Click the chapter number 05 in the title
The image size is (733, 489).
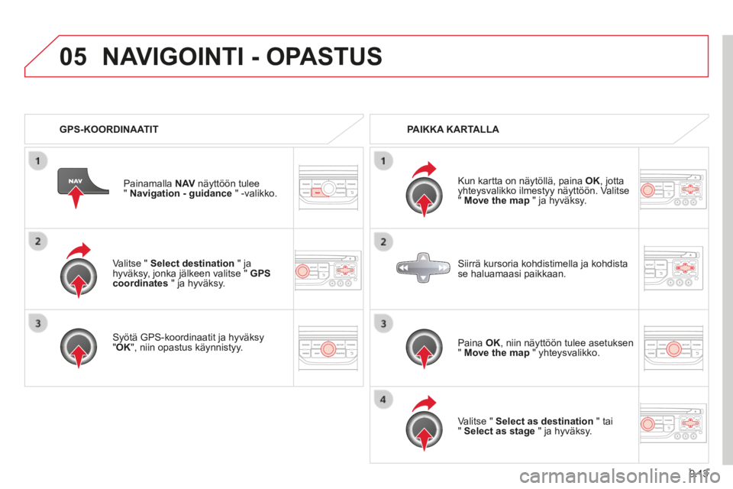click(73, 57)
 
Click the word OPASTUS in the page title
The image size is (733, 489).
click(324, 57)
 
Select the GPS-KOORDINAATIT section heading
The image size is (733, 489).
click(109, 129)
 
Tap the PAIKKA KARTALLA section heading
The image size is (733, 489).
click(453, 129)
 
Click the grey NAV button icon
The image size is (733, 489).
click(82, 181)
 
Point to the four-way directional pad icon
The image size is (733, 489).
click(423, 267)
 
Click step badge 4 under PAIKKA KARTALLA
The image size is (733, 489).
click(383, 400)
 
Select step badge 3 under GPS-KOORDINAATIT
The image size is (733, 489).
click(38, 323)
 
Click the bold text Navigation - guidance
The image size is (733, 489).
click(181, 194)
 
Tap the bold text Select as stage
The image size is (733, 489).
click(499, 432)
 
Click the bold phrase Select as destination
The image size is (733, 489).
click(544, 421)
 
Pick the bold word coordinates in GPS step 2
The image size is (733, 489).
click(140, 283)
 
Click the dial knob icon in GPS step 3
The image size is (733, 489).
click(79, 347)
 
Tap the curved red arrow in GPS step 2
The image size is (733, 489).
click(78, 251)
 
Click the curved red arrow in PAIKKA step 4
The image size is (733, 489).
click(424, 403)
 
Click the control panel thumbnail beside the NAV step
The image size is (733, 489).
click(328, 188)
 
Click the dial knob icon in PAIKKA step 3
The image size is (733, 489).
click(424, 348)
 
